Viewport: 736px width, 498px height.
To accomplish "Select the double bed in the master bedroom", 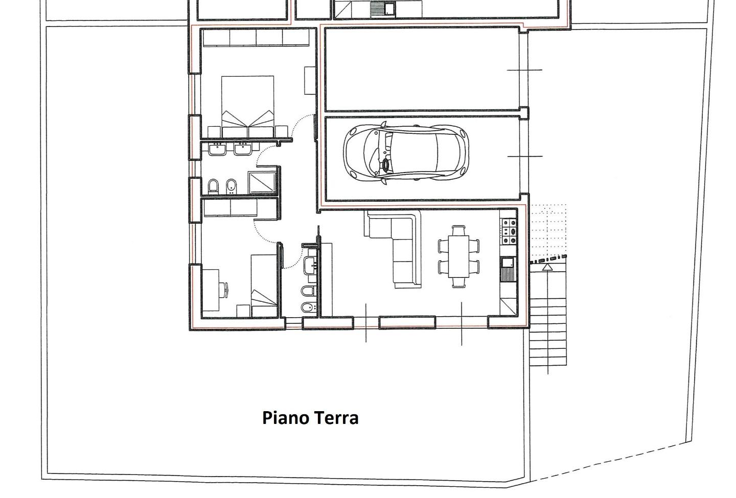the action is [248, 107].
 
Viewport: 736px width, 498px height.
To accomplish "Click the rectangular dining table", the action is [458, 256].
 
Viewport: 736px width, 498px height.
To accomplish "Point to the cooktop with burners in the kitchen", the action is [509, 231].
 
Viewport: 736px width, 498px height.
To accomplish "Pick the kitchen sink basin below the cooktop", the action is [507, 263].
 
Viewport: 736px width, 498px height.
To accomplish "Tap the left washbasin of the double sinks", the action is [217, 150].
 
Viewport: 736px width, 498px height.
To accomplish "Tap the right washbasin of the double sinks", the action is [243, 149].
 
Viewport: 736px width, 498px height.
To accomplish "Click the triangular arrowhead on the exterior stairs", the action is [547, 267].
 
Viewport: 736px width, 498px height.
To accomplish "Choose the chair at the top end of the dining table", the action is [458, 230].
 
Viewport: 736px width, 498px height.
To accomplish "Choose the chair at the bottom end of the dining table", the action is [458, 282].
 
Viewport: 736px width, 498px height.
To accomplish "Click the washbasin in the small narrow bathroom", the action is [310, 265].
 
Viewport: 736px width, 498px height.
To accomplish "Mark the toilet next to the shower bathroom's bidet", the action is [213, 186].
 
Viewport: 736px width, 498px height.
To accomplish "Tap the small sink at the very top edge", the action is [389, 9].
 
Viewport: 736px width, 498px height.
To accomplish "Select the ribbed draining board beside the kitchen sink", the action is [507, 274].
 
